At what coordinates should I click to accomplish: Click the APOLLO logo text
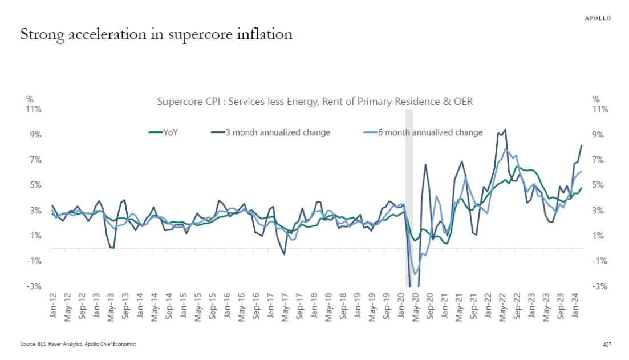coord(598,18)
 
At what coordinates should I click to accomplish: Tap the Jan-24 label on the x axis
coord(577,307)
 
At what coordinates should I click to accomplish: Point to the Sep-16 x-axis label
coord(256,307)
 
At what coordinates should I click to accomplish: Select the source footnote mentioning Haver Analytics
coord(78,345)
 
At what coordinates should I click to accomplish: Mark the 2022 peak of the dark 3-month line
coord(505,130)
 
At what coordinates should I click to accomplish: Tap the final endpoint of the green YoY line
coord(582,188)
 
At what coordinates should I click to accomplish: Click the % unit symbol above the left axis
coord(29,99)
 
